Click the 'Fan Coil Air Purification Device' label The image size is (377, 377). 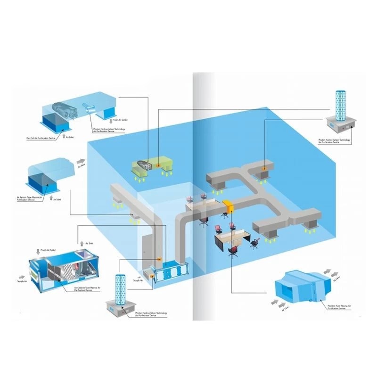click(41, 139)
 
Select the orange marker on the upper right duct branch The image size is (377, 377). click(265, 168)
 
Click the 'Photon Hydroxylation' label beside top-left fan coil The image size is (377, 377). click(108, 131)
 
